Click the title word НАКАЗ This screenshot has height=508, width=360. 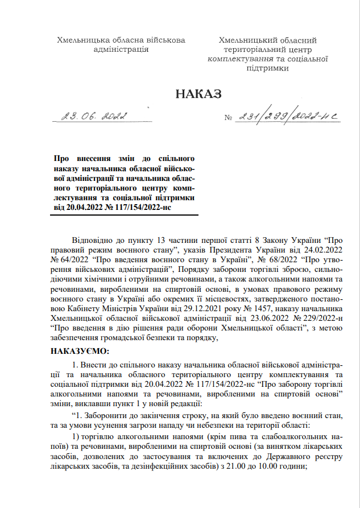[198, 94]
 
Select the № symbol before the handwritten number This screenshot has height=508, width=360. [229, 119]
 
